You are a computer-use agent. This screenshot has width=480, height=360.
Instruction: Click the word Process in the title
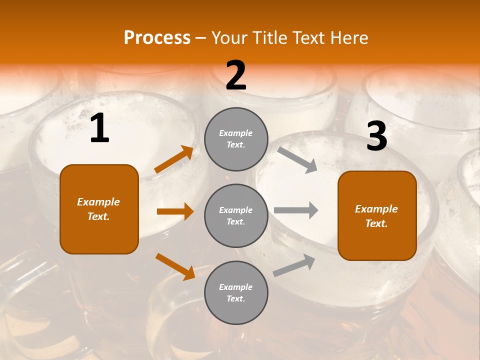[x=157, y=38]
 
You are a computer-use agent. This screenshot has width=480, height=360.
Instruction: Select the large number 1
[x=99, y=128]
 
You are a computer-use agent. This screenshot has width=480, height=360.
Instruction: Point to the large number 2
[x=236, y=75]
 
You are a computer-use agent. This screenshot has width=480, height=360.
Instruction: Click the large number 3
[x=376, y=136]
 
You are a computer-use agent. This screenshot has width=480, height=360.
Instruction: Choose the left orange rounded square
[x=99, y=209]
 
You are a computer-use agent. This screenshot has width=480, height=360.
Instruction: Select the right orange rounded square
[x=377, y=215]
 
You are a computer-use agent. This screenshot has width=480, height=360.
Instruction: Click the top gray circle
[x=236, y=139]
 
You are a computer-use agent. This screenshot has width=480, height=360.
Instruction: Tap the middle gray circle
[x=236, y=215]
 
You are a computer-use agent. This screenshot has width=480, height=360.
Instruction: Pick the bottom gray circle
[x=236, y=292]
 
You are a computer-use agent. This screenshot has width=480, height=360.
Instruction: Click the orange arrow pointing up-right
[x=174, y=159]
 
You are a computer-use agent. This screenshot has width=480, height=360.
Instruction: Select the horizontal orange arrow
[x=175, y=211]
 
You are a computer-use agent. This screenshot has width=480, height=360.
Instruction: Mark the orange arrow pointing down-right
[x=175, y=266]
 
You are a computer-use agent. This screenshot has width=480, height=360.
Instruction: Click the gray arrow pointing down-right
[x=297, y=159]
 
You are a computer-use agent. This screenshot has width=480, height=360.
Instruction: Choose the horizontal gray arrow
[x=296, y=210]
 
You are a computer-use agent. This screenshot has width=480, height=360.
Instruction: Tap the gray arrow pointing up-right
[x=294, y=265]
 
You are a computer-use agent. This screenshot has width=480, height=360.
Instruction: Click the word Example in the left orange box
[x=98, y=202]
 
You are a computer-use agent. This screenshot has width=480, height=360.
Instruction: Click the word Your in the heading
[x=229, y=38]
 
